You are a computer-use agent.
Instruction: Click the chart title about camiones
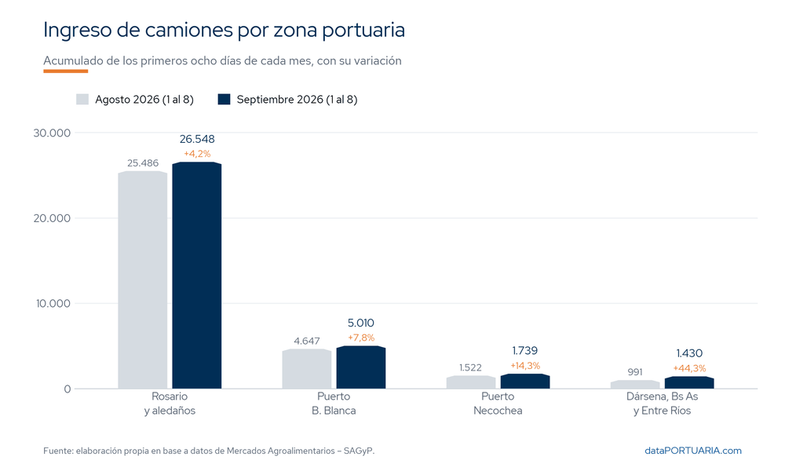tap(224, 30)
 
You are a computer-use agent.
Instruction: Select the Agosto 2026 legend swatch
tap(82, 99)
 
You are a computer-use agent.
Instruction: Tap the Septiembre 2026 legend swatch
tap(224, 99)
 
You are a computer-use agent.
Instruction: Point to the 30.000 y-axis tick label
tap(52, 133)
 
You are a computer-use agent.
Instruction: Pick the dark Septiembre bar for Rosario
tap(197, 276)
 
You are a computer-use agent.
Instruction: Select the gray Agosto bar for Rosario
tap(143, 279)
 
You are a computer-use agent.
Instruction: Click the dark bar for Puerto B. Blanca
tap(361, 367)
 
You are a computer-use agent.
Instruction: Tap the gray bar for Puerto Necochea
tap(470, 382)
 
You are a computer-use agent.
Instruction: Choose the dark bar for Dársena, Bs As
tap(689, 383)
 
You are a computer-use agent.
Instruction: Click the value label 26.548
tap(197, 139)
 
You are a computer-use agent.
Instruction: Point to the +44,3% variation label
tap(689, 368)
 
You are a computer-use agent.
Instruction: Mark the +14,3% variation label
tap(525, 366)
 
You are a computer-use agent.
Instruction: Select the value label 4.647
tap(307, 341)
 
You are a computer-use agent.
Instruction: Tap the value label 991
tap(635, 372)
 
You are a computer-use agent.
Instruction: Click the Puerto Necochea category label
tap(498, 403)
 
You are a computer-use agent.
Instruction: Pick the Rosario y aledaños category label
tap(170, 403)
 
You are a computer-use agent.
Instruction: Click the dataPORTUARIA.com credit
tap(693, 451)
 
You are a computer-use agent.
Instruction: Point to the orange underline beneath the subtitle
tap(66, 71)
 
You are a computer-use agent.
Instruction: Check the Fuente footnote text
tap(209, 451)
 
